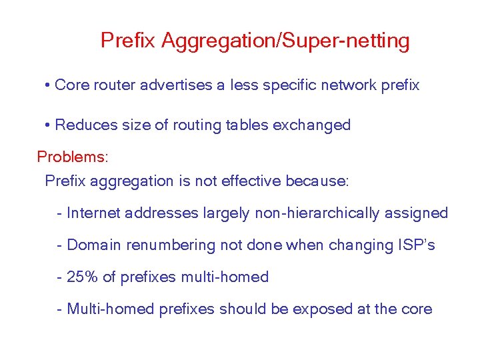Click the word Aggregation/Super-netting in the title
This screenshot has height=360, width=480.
coord(285,41)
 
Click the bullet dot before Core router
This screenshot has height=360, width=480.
coord(48,86)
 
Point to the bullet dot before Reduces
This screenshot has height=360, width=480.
coord(48,125)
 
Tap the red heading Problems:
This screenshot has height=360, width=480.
coord(72,157)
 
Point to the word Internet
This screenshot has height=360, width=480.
coord(94,213)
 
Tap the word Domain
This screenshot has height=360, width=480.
coord(94,245)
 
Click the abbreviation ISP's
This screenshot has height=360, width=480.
coord(416,245)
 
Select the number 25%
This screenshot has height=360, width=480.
coord(80,277)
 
